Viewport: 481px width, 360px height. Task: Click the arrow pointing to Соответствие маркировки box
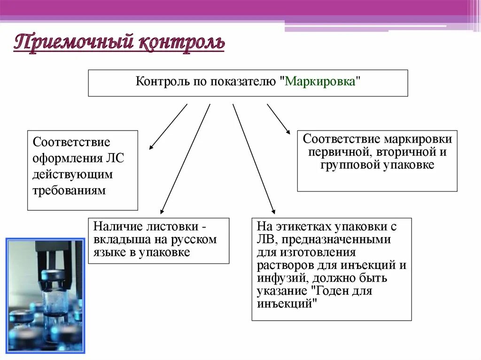click(279, 119)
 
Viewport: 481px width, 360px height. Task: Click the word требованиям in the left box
click(69, 191)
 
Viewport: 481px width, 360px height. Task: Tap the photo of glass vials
click(45, 295)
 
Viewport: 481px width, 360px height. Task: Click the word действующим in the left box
click(73, 174)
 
